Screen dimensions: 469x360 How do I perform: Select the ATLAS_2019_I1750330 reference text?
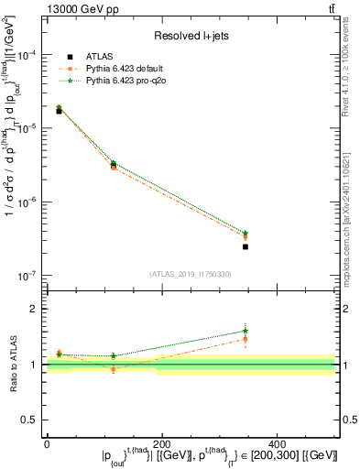pos(191,274)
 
